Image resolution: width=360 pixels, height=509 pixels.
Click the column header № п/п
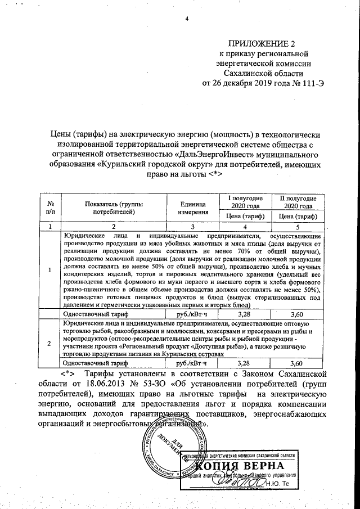click(x=51, y=207)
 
